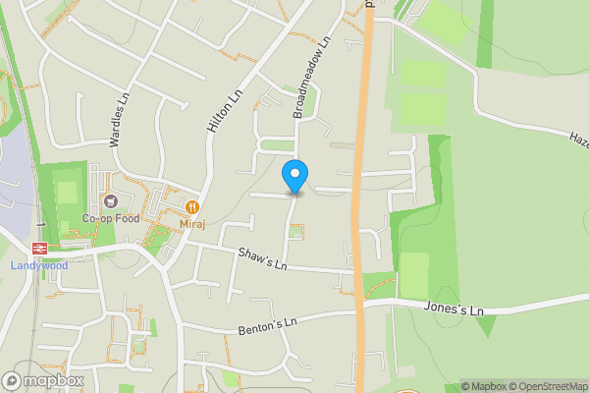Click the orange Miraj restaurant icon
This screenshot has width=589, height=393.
(192, 207)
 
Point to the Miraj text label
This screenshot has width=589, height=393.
(192, 225)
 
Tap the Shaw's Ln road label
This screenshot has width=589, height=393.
(263, 259)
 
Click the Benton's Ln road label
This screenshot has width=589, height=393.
(267, 323)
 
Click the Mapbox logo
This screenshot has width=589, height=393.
(42, 380)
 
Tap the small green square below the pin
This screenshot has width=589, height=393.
(295, 231)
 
